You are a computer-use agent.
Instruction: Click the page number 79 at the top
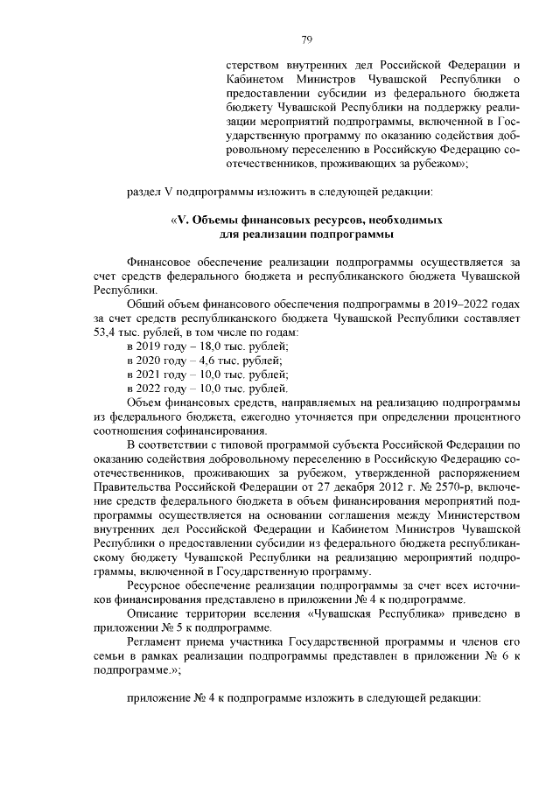(x=307, y=39)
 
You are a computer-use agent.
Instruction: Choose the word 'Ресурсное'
(x=154, y=586)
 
